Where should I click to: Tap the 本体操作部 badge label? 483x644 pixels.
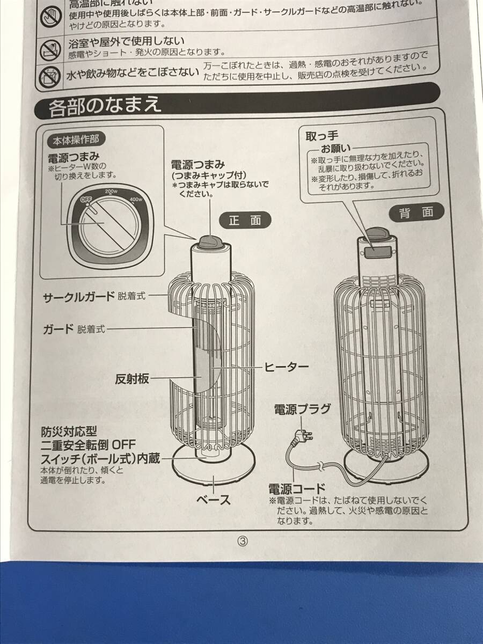[x=76, y=140]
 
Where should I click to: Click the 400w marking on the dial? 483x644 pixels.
[x=135, y=201]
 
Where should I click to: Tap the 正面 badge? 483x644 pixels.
[x=245, y=220]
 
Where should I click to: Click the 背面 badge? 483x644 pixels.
[x=416, y=212]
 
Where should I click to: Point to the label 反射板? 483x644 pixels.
[x=131, y=379]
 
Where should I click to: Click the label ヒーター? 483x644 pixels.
[x=286, y=367]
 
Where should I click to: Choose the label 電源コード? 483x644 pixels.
[x=297, y=488]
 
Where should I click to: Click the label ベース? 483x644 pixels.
[x=214, y=500]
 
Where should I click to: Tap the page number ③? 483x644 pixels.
[x=243, y=541]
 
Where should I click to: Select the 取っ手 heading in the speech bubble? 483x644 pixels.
[x=321, y=136]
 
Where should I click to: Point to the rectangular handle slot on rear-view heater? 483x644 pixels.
[x=378, y=251]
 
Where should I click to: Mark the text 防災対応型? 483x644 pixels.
[x=69, y=431]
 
